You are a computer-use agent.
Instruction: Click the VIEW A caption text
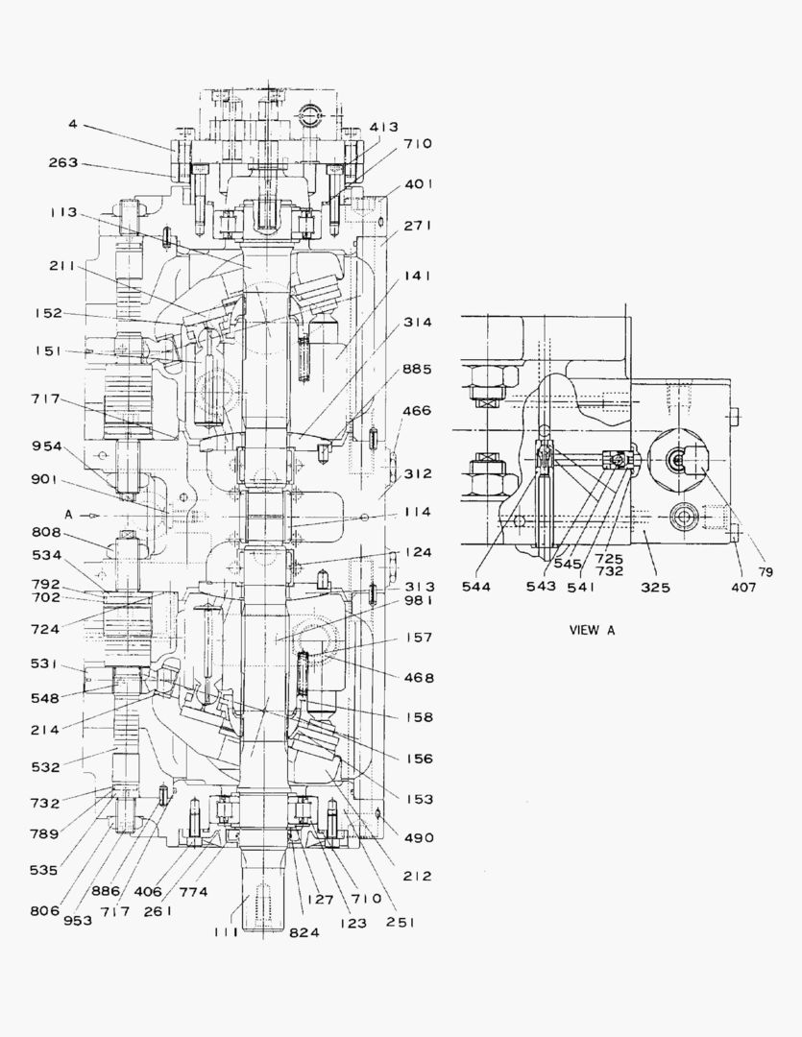coord(592,630)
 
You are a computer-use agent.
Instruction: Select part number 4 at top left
coord(73,123)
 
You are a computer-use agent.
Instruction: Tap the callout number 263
coord(63,162)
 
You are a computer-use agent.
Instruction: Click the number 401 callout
coord(418,183)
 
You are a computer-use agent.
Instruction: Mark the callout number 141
coord(418,275)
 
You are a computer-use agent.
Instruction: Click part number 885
coord(418,369)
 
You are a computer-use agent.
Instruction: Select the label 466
coord(418,410)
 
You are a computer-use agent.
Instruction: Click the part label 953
coord(77,920)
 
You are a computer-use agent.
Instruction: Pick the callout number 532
coord(45,766)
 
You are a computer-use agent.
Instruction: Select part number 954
coord(45,446)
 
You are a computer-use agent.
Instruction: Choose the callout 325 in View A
coord(656,587)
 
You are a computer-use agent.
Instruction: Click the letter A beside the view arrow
coord(68,514)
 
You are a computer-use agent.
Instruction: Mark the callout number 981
coord(418,601)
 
